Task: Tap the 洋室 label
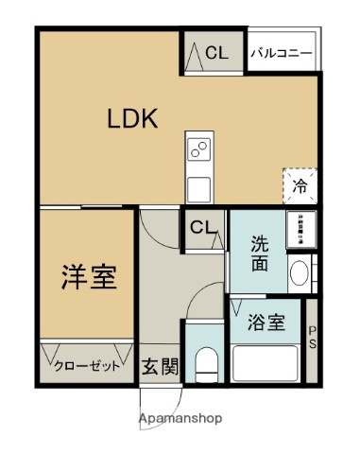[90, 279]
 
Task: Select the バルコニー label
[282, 54]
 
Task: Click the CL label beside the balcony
[216, 54]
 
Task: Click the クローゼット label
[86, 366]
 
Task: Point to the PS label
[313, 337]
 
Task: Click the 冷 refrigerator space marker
[300, 185]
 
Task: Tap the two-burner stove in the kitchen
[199, 148]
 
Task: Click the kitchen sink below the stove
[199, 185]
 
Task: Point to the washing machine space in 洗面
[300, 230]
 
